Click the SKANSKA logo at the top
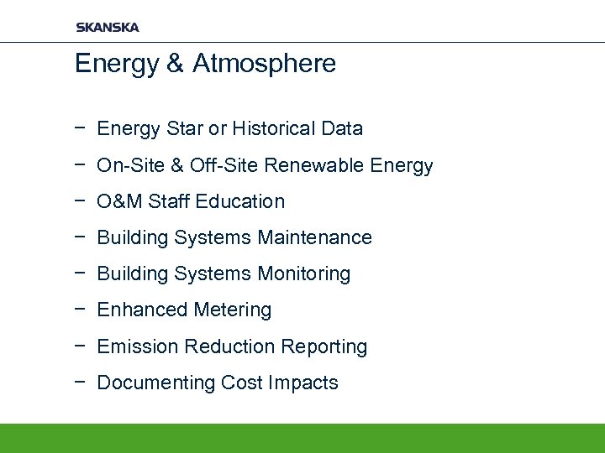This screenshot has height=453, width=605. pos(108,28)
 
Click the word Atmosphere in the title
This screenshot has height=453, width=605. pos(264,64)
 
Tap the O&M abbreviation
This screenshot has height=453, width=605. pos(120,202)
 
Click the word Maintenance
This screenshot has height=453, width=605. pos(315,238)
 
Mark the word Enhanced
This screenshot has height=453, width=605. pos(131,310)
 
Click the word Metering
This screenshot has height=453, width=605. pos(233,310)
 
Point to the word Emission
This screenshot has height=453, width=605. pos(138,346)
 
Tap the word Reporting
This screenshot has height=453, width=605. pos(324,346)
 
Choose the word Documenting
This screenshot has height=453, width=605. pos(156,383)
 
